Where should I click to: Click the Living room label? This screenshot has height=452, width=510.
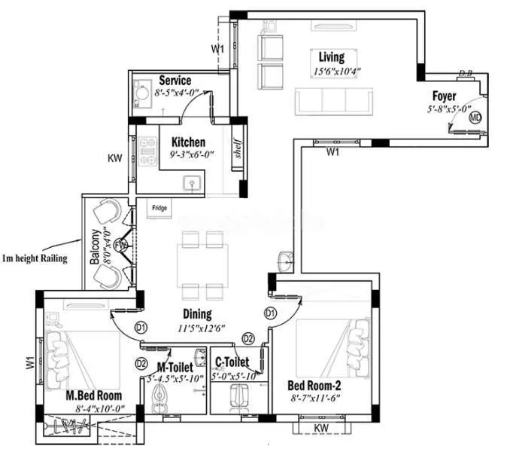point(332,57)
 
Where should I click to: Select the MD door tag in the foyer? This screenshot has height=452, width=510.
point(475,118)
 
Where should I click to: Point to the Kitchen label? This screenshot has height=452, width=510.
point(187,142)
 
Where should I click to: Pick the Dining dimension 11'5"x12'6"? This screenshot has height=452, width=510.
point(201,328)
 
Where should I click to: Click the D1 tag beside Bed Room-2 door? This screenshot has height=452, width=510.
point(270,313)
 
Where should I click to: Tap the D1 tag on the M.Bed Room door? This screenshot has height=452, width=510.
point(140,327)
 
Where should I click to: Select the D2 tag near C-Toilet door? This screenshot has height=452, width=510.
point(248,338)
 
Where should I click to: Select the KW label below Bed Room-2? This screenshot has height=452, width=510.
point(321,428)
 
